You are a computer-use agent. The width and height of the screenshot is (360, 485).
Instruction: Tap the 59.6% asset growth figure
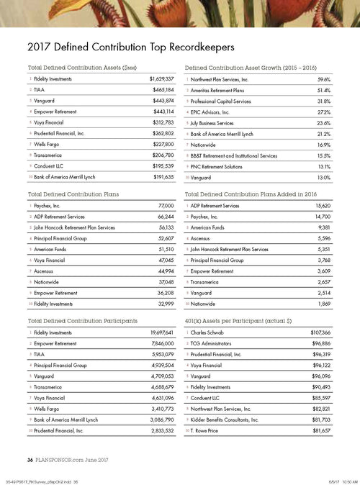click(x=323, y=78)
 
